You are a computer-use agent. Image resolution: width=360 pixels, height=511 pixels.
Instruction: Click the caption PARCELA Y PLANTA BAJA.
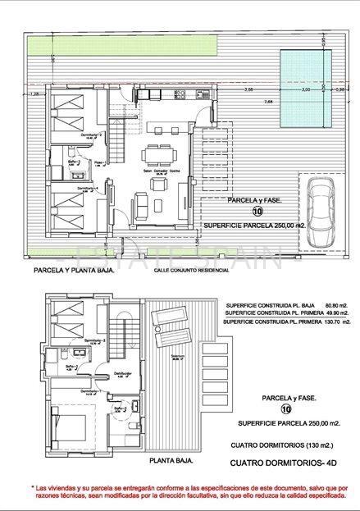click(75, 268)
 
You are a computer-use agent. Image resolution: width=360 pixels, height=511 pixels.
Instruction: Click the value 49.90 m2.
click(336, 313)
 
